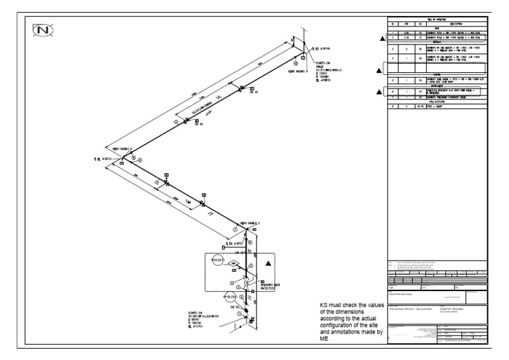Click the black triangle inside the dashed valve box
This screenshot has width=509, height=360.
[x=268, y=263]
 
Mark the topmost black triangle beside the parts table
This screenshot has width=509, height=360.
[x=382, y=39]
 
